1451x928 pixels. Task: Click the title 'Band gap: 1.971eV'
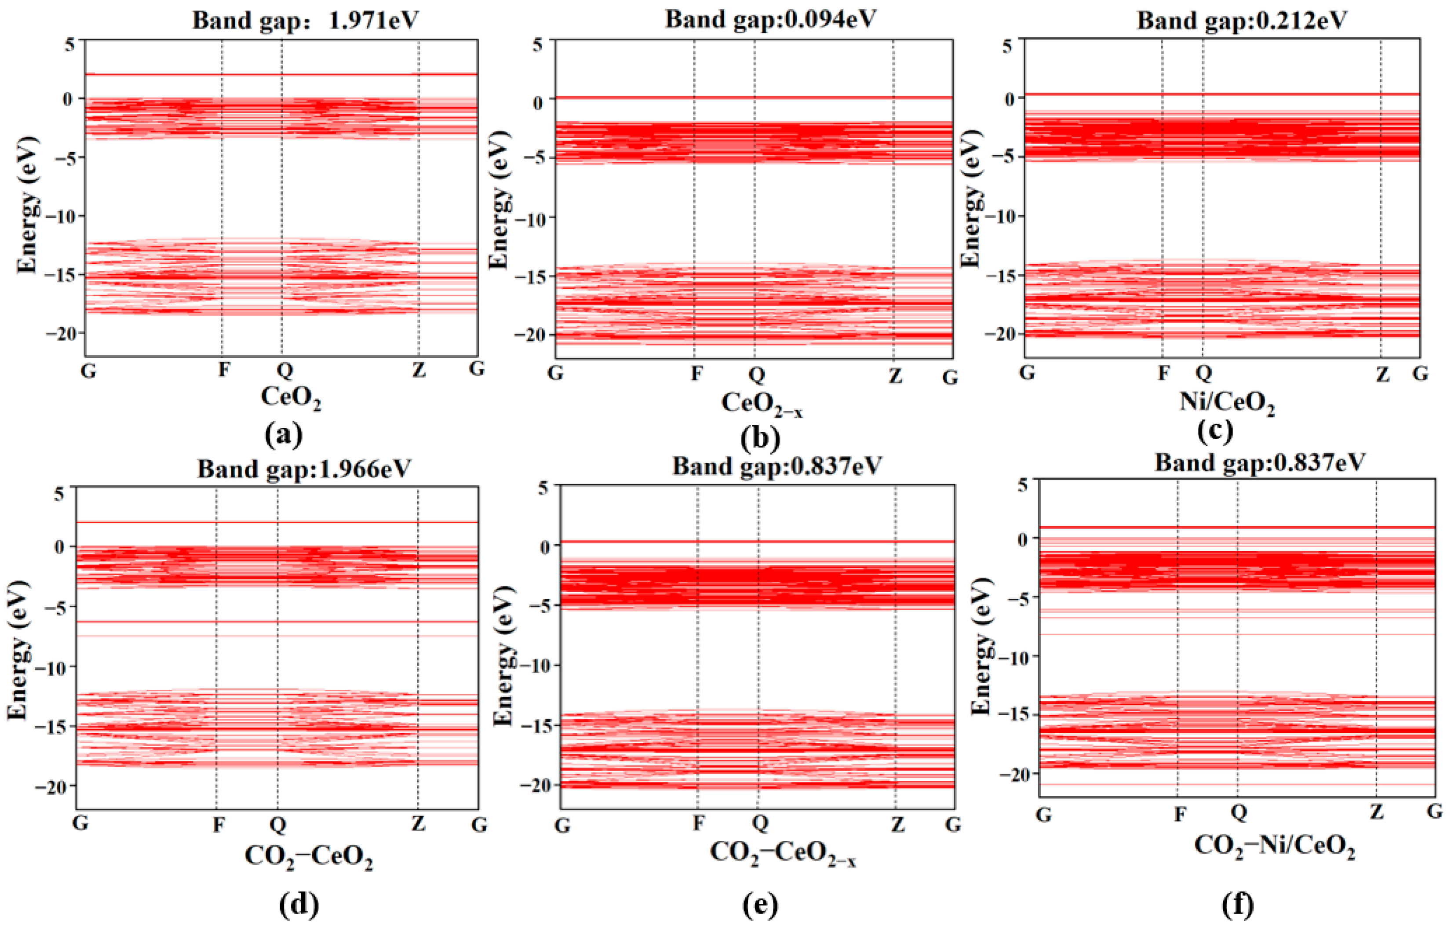306,20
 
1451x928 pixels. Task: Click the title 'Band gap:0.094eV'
771,18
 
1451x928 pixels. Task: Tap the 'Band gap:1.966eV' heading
304,468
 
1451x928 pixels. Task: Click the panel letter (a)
283,434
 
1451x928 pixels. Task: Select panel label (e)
760,904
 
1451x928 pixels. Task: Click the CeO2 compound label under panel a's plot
291,398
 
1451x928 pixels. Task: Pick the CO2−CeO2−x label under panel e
783,853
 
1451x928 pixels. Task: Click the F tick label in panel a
223,369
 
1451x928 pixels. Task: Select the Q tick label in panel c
1203,373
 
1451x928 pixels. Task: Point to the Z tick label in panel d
418,823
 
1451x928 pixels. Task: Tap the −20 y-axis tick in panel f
1014,774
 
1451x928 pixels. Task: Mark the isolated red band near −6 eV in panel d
277,621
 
